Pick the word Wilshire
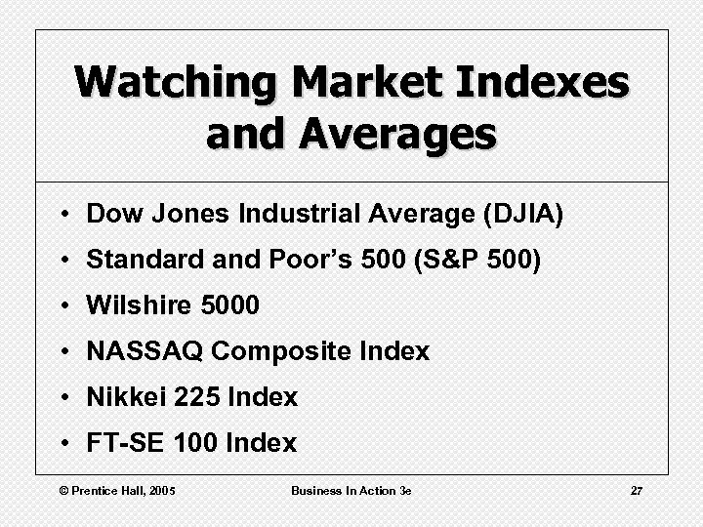pyautogui.click(x=140, y=305)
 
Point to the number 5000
pyautogui.click(x=229, y=305)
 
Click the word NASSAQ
pyautogui.click(x=145, y=351)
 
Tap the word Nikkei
pyautogui.click(x=122, y=397)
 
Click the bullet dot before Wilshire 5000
pyautogui.click(x=62, y=306)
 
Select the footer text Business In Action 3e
pyautogui.click(x=351, y=490)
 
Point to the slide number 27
pyautogui.click(x=636, y=490)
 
